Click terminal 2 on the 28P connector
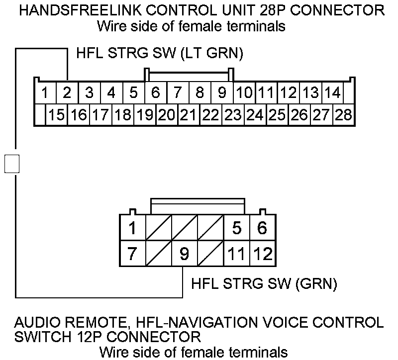pyautogui.click(x=67, y=93)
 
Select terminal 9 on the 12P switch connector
pyautogui.click(x=185, y=254)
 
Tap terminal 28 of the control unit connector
pyautogui.click(x=343, y=115)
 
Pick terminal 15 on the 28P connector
pyautogui.click(x=57, y=115)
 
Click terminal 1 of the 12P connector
pyautogui.click(x=132, y=228)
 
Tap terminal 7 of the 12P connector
pyautogui.click(x=132, y=254)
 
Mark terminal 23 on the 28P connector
pyautogui.click(x=232, y=115)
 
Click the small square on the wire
pyautogui.click(x=12, y=163)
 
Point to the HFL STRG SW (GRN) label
pyautogui.click(x=264, y=284)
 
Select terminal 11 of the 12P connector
pyautogui.click(x=236, y=254)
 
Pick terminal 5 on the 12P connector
pyautogui.click(x=236, y=228)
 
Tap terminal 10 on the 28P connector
pyautogui.click(x=244, y=93)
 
